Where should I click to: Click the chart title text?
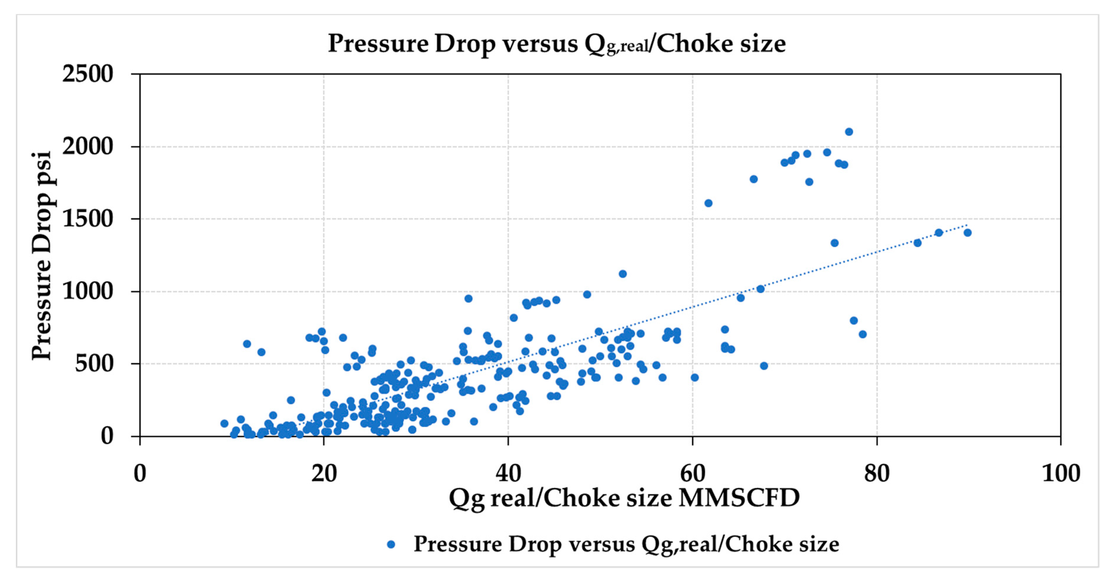point(557,44)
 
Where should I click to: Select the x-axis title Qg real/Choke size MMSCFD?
point(624,498)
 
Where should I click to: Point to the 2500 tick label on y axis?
point(88,74)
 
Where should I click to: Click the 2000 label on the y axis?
point(88,146)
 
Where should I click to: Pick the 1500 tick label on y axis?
point(88,219)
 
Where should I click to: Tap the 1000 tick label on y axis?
point(88,291)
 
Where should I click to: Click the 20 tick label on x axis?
point(324,473)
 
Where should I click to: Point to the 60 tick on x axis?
point(692,473)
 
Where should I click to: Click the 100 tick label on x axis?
point(1060,473)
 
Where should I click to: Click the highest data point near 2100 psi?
point(849,132)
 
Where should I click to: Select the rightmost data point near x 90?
point(968,233)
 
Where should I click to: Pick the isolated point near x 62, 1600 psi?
point(708,203)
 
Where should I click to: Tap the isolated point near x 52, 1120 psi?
point(623,274)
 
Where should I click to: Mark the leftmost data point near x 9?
point(224,424)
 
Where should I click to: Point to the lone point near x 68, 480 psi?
point(764,366)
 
